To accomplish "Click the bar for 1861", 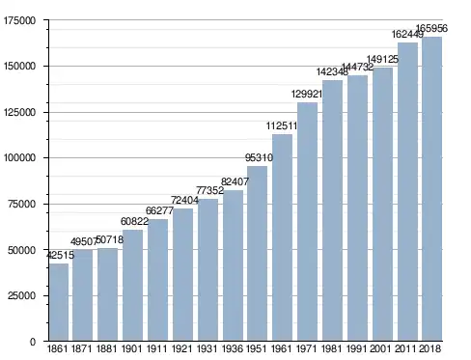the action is pos(59,302).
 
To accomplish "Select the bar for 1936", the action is pos(233,265).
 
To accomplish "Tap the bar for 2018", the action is pos(431,188).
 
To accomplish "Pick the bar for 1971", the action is pos(307,222).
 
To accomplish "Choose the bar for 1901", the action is pos(132,285).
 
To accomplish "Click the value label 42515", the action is pos(61,255).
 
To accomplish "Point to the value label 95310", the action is pos(259,157).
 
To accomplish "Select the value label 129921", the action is pos(307,94).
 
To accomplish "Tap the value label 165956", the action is pos(431,28).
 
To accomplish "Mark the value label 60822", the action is pos(134,221).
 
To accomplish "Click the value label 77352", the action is pos(209,190).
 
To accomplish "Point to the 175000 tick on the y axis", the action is pos(19,20).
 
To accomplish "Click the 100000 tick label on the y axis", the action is pos(19,158).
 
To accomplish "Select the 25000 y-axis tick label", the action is pos(21,295).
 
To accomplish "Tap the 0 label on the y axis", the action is pos(33,342).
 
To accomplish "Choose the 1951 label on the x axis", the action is pos(257,348).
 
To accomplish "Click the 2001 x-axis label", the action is pos(380,348).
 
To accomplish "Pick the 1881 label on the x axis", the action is pos(107,348).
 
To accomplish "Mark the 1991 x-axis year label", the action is pos(356,348).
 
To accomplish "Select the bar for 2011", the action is pos(407,191).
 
